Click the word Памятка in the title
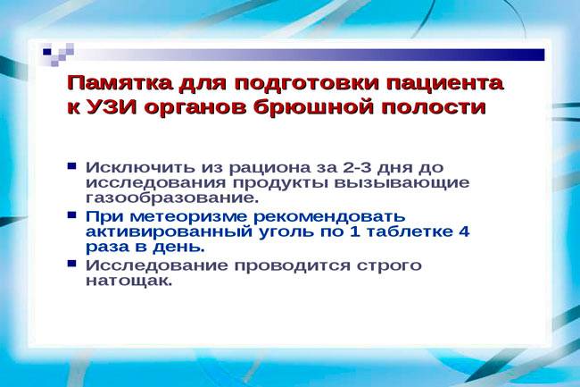tap(120, 83)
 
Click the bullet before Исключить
tap(71, 165)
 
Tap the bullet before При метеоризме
tap(71, 215)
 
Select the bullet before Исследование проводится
tap(71, 264)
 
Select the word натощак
tap(129, 281)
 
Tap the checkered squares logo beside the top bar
tap(58, 55)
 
